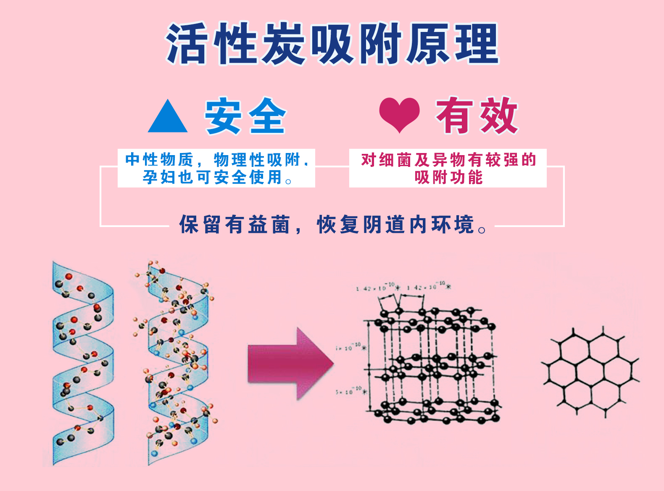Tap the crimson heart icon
click(x=399, y=114)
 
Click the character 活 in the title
click(x=187, y=44)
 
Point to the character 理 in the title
click(x=477, y=44)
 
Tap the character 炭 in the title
click(x=284, y=44)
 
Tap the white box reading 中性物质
click(x=216, y=168)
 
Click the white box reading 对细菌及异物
click(x=448, y=168)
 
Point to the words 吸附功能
click(x=448, y=177)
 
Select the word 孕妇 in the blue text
click(x=158, y=177)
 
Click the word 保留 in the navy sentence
click(x=200, y=224)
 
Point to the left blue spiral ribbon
click(x=82, y=364)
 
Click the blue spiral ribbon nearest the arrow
click(x=179, y=364)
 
